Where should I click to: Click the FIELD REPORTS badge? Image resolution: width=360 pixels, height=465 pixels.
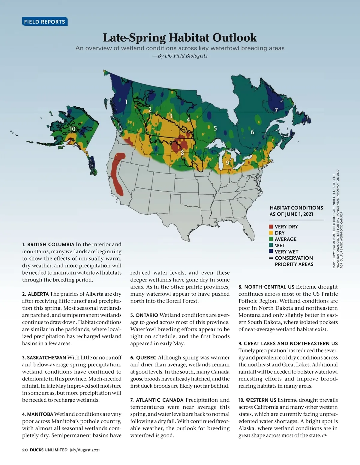coord(45,22)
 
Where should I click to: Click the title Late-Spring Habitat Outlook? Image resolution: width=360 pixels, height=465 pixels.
coord(180,38)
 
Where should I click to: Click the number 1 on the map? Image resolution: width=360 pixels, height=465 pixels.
coord(126,102)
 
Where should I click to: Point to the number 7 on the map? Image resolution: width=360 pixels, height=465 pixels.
coord(276,110)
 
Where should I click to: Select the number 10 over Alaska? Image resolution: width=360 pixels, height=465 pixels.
coord(72,129)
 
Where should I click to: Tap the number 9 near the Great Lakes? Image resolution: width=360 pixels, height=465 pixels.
coord(227,163)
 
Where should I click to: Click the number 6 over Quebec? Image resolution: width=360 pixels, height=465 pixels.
coord(252,132)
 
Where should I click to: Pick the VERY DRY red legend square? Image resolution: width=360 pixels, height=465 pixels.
coord(271,227)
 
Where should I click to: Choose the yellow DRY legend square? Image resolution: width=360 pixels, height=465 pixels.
coord(271,233)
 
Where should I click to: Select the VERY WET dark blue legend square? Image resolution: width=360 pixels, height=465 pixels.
coord(271,252)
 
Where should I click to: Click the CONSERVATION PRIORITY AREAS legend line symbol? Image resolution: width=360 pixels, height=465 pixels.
coord(271,258)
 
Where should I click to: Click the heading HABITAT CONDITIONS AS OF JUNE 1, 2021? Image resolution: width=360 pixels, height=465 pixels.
coord(296,211)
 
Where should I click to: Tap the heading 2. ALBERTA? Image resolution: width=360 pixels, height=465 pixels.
coord(35,294)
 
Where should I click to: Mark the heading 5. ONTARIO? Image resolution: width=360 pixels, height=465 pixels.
coord(144,315)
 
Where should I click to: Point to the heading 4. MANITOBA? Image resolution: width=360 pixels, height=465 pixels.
coord(37,414)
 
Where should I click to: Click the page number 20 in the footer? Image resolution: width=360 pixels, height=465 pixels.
coord(25,450)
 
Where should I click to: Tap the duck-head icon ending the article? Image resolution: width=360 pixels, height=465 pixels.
coord(325,436)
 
